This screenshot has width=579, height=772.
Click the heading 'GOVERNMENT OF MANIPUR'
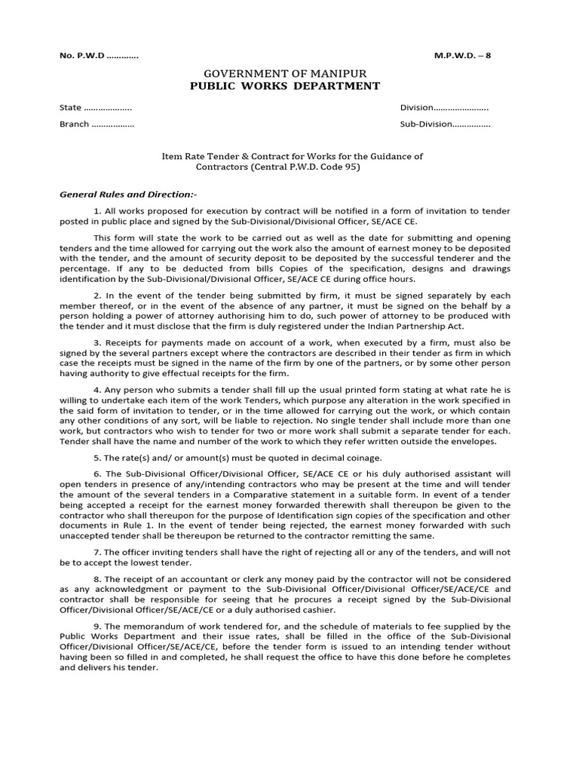tap(286, 74)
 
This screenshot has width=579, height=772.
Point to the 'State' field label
tap(70, 108)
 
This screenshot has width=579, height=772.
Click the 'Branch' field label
tap(74, 124)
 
